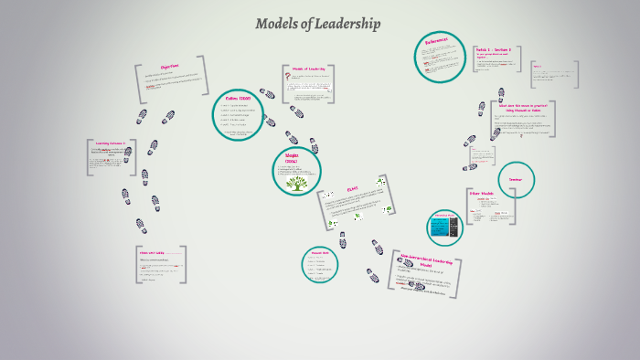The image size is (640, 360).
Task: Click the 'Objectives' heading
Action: tap(169, 67)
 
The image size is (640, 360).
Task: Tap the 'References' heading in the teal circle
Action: tap(436, 42)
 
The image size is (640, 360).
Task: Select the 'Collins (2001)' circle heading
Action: tap(238, 98)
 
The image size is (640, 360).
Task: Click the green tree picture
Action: tap(297, 184)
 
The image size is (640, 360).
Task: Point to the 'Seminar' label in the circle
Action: tap(516, 179)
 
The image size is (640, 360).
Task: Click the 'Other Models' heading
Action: tap(482, 195)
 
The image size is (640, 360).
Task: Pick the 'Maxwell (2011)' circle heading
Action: tap(319, 253)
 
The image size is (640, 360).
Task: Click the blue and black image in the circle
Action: tap(445, 228)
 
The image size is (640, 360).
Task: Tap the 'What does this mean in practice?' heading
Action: tap(520, 106)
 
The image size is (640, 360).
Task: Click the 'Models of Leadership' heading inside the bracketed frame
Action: tap(308, 69)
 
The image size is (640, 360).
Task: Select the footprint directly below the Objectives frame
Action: tap(168, 117)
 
